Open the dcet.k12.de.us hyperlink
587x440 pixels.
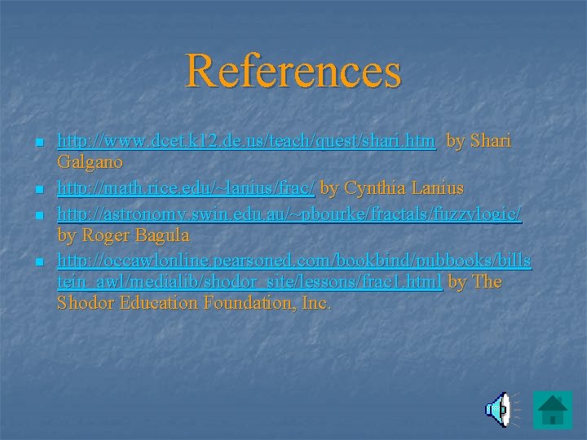[246, 141]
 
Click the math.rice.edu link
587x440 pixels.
[186, 188]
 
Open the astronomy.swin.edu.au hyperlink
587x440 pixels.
[289, 213]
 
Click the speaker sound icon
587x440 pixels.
[498, 409]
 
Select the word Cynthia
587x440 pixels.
[373, 188]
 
